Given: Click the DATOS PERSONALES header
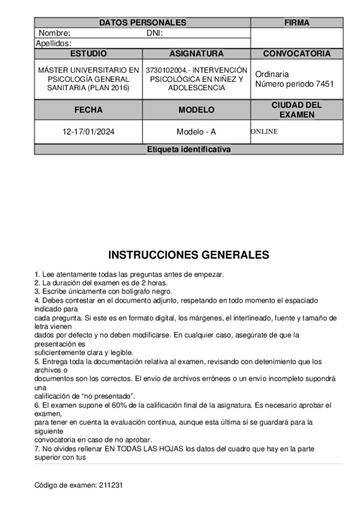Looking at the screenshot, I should click(142, 23).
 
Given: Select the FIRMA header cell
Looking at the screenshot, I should click(296, 23).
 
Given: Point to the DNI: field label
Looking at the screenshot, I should click(155, 33).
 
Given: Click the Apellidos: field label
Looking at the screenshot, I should click(54, 43).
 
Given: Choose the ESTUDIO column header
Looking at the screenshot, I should click(88, 54).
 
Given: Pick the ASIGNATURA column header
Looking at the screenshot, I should click(197, 54).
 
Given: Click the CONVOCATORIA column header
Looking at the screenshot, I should click(296, 54).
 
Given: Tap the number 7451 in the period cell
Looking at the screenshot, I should click(323, 84).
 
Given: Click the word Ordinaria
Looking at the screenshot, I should click(272, 74).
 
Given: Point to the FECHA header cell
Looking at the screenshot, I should click(88, 110).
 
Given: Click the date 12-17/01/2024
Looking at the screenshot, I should click(88, 132).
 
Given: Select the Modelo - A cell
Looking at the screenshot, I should click(197, 132).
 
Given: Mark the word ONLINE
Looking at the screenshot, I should click(264, 132).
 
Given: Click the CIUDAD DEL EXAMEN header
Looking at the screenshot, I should click(296, 109).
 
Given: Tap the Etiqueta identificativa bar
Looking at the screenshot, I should click(189, 150).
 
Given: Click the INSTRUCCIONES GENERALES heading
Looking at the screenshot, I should click(189, 255).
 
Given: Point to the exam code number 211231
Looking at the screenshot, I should click(111, 484).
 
